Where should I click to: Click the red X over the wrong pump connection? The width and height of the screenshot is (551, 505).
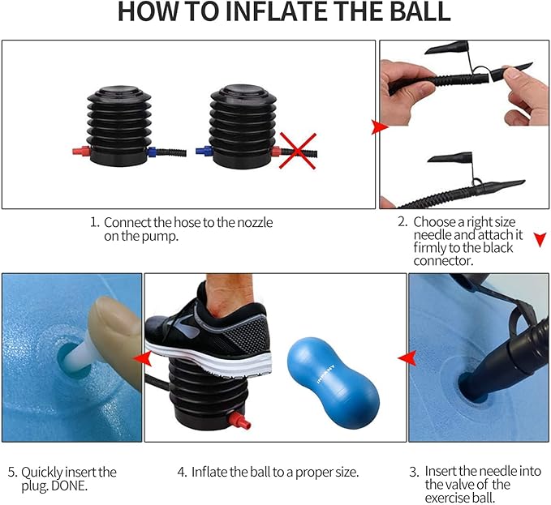(296, 151)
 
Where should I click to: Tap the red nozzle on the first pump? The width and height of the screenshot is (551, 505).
(78, 151)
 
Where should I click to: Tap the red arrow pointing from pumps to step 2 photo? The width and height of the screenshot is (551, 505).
(377, 127)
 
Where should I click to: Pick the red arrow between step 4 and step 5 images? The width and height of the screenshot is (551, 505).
(140, 357)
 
